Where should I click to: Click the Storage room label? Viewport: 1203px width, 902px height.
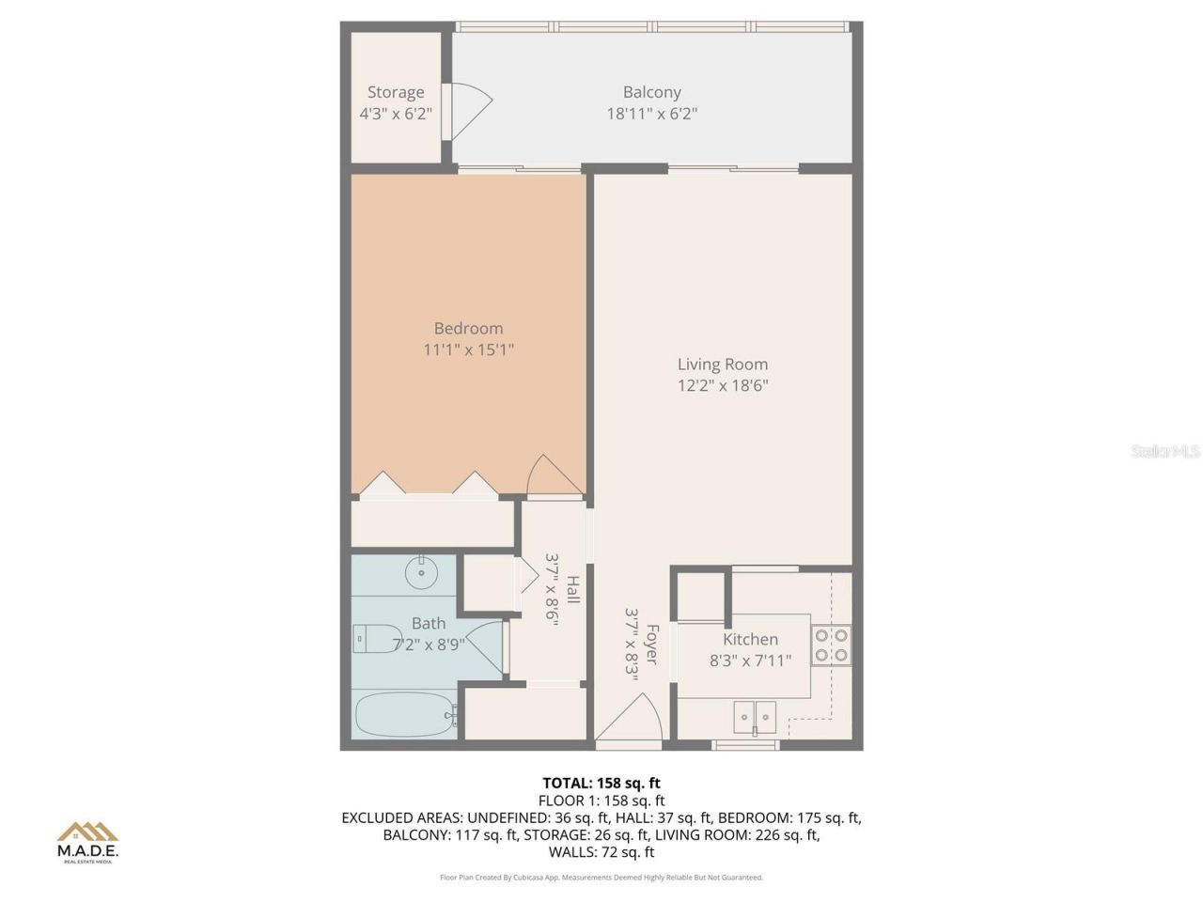[x=395, y=92]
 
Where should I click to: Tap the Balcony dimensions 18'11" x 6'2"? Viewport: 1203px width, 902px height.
[x=651, y=114]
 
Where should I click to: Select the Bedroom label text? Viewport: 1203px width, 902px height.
[x=468, y=328]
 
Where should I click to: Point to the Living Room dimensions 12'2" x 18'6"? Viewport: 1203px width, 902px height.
[x=723, y=385]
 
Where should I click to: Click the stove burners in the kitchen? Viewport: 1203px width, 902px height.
[x=832, y=644]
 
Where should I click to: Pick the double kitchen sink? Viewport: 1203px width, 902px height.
[x=755, y=717]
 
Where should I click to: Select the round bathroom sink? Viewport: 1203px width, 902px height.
[x=422, y=570]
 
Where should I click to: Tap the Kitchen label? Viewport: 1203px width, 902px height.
[x=750, y=640]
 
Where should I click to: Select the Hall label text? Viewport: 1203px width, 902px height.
[x=572, y=590]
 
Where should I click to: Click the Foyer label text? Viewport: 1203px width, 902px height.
[x=651, y=645]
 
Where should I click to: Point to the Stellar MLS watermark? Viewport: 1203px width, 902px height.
[x=1165, y=452]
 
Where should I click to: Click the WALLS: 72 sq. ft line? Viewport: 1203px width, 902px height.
[x=601, y=852]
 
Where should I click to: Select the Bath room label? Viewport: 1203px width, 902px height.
[x=429, y=623]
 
